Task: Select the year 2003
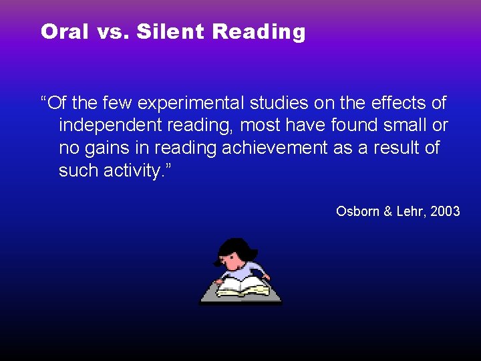[446, 211]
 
